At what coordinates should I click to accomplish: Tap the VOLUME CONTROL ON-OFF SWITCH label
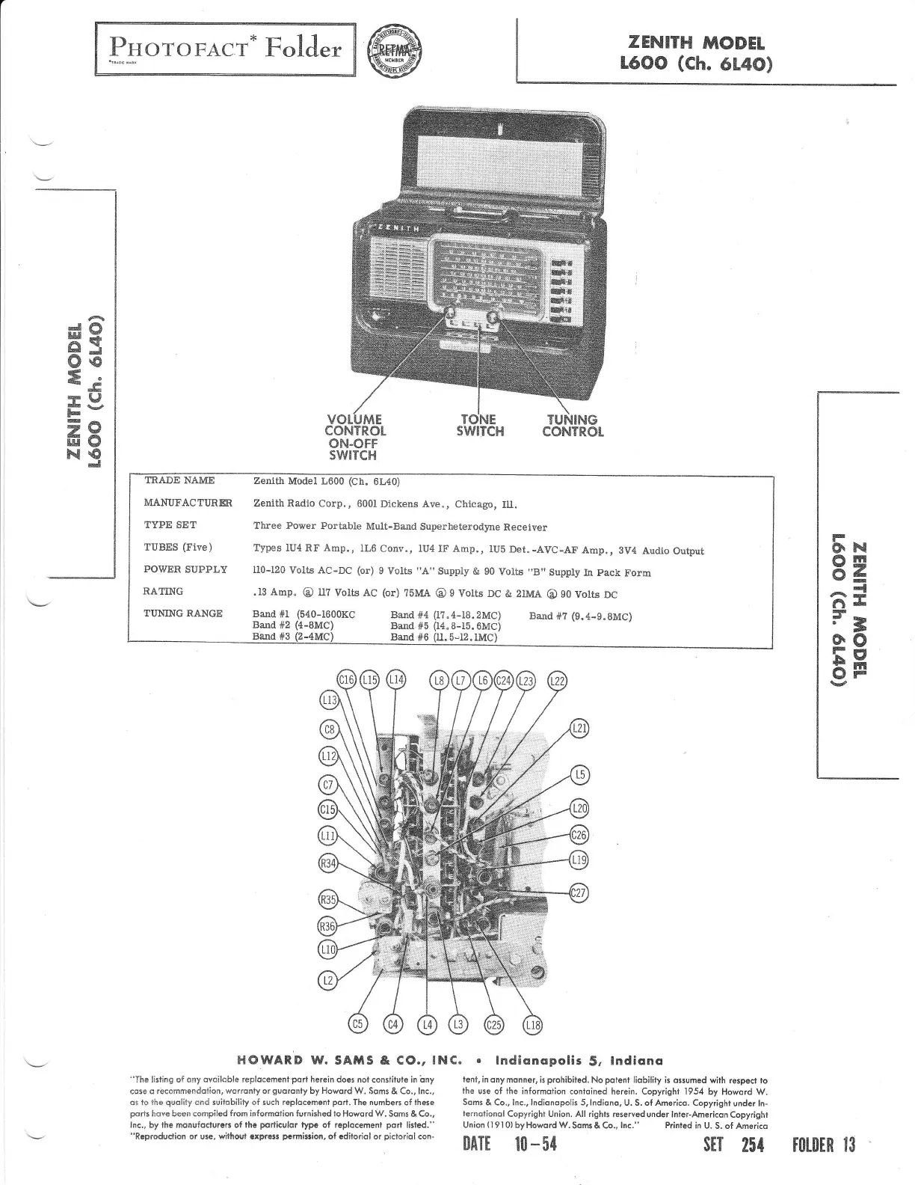tap(354, 437)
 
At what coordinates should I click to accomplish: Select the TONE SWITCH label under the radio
tap(480, 426)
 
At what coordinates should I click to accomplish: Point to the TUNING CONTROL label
tap(573, 426)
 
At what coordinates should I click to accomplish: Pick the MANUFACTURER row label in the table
tap(188, 503)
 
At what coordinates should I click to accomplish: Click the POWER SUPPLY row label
tap(185, 569)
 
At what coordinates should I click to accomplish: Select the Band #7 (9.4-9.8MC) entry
tap(580, 616)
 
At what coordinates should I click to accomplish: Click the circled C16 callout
tap(347, 680)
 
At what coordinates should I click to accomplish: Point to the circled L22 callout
tap(558, 681)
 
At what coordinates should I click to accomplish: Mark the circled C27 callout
tap(579, 892)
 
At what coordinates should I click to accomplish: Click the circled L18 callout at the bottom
tap(532, 1025)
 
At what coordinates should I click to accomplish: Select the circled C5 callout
tap(359, 1024)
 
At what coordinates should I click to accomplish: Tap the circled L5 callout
tap(579, 776)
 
